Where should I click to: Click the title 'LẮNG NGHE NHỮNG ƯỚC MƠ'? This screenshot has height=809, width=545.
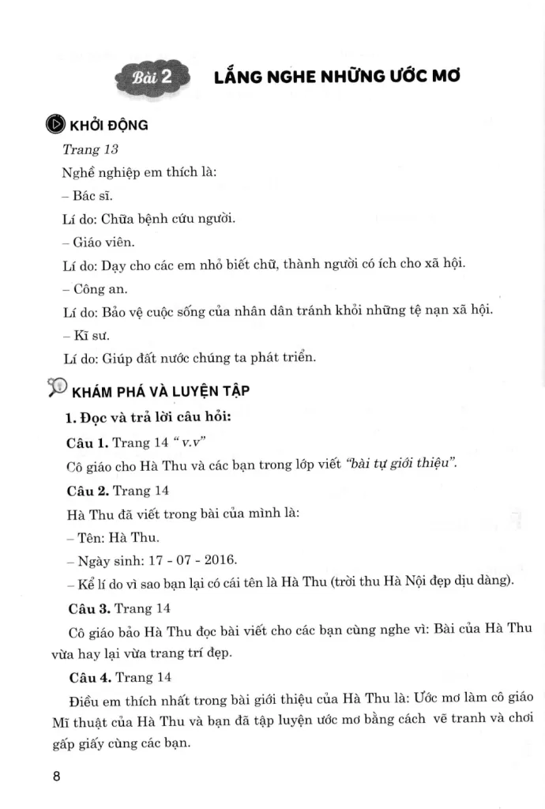(336, 76)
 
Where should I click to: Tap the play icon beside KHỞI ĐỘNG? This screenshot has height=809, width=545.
(54, 125)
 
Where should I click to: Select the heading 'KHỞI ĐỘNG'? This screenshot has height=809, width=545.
(109, 126)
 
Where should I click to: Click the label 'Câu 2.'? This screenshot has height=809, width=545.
(88, 490)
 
